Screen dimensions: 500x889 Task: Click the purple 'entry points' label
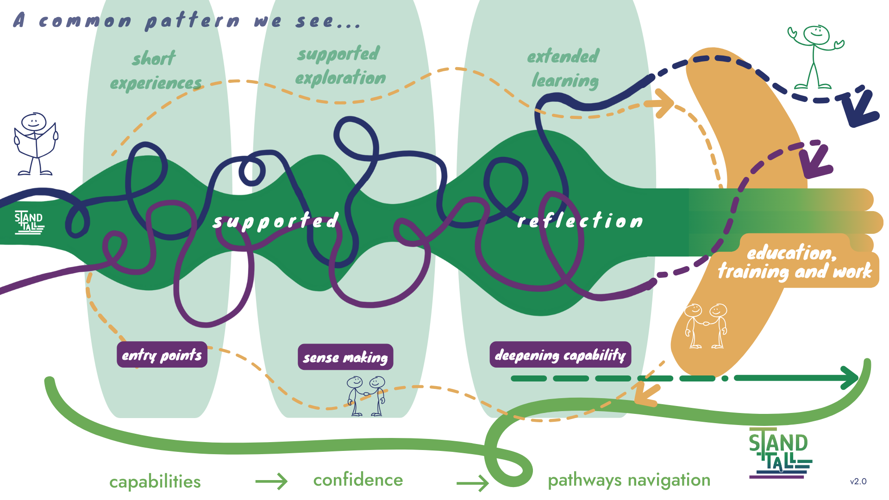[x=162, y=355]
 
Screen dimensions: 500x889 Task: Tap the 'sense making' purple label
[x=345, y=357]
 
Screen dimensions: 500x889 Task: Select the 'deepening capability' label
[x=560, y=355]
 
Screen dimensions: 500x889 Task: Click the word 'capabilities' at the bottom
[x=155, y=481]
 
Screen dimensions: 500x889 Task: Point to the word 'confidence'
[x=358, y=480]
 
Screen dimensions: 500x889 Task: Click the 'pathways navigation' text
[x=629, y=480]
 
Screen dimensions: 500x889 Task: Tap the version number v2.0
[x=858, y=481]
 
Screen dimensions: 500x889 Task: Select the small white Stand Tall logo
[x=29, y=222]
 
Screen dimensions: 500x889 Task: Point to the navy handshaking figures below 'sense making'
[x=366, y=396]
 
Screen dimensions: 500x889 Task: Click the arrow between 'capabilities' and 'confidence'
[x=271, y=481]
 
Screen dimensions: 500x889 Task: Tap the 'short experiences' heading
[x=156, y=71]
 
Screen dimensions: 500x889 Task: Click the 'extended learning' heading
[x=564, y=68]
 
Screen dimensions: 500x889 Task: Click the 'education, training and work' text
[x=795, y=262]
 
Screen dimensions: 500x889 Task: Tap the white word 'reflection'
[x=580, y=221]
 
